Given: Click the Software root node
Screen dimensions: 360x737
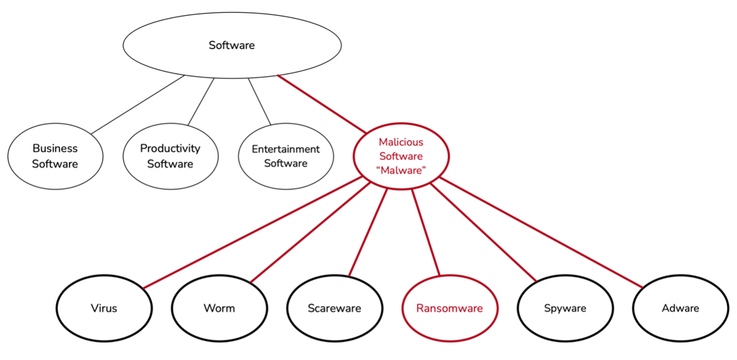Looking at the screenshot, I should click(x=232, y=45).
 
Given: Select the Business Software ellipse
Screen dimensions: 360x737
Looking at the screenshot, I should click(x=55, y=156).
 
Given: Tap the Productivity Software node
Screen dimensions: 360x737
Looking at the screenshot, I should click(x=170, y=156).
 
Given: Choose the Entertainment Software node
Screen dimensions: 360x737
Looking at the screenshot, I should click(x=286, y=156).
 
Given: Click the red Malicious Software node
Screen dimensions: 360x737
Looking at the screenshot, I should click(x=401, y=156).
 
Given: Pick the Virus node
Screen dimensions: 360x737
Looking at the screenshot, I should click(x=104, y=308).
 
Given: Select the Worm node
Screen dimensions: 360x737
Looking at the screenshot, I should click(x=219, y=308).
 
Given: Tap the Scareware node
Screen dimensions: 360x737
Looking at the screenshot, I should click(x=334, y=308).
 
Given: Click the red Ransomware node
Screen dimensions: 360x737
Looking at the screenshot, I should click(x=449, y=308).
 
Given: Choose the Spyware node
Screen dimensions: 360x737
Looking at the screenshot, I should click(x=565, y=308).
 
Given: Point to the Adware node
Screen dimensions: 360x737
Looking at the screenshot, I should click(x=680, y=308).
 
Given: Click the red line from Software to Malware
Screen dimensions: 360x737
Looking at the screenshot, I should click(x=322, y=104).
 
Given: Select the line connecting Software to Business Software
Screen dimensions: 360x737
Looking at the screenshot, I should click(x=137, y=105).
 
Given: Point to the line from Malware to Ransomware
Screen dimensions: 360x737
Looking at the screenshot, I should click(x=426, y=232).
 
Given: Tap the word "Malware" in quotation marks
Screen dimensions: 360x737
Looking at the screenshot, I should click(x=401, y=170).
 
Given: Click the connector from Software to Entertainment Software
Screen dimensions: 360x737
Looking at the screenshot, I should click(x=259, y=101).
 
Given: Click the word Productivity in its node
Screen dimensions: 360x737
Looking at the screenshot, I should click(x=170, y=148).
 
